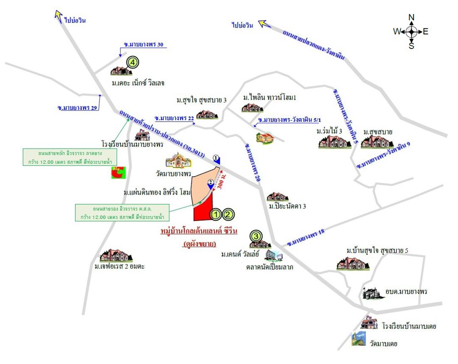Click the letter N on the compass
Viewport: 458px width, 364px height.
point(411,17)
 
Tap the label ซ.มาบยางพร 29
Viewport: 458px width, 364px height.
point(78,108)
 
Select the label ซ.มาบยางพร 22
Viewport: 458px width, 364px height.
point(174,118)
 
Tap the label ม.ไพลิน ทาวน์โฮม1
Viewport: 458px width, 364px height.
point(269,98)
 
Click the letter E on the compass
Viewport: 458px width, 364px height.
point(425,31)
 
